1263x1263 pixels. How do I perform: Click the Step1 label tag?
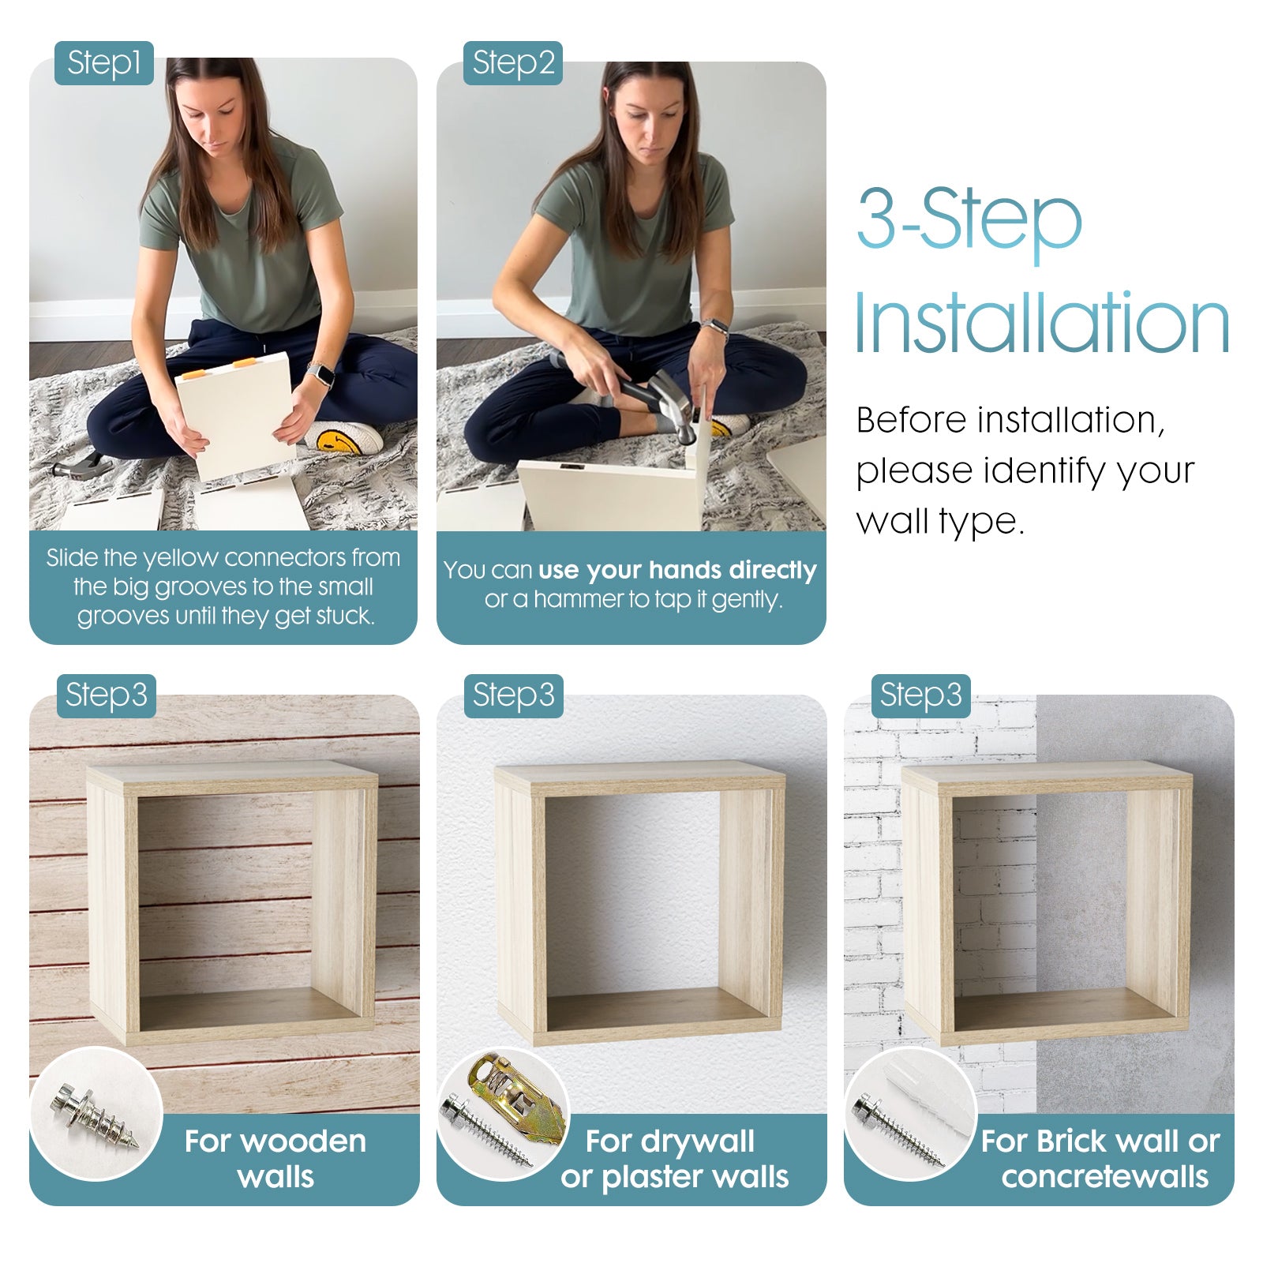pyautogui.click(x=103, y=63)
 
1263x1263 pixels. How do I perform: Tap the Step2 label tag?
pyautogui.click(x=513, y=63)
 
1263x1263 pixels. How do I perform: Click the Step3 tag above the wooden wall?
pyautogui.click(x=106, y=695)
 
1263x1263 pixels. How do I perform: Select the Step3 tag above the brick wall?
pyautogui.click(x=920, y=695)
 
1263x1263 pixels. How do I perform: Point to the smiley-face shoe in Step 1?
pyautogui.click(x=344, y=437)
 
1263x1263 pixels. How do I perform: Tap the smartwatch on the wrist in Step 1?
pyautogui.click(x=320, y=374)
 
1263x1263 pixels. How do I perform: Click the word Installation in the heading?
pyautogui.click(x=1042, y=323)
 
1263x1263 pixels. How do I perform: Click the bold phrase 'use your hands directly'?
pyautogui.click(x=677, y=571)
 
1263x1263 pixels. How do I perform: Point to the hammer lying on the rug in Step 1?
pyautogui.click(x=82, y=466)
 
